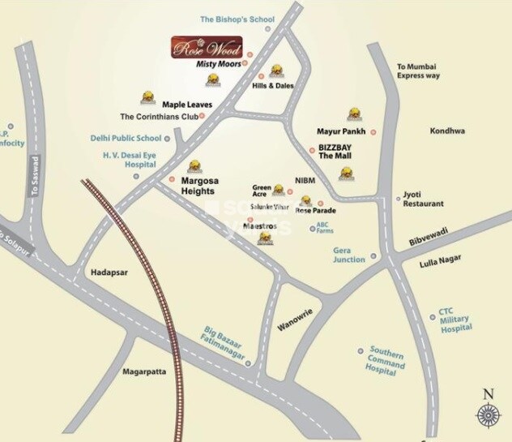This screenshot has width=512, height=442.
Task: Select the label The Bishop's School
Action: click(x=237, y=19)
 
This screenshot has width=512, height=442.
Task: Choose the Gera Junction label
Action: click(x=349, y=255)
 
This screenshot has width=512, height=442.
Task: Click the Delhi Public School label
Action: click(x=126, y=138)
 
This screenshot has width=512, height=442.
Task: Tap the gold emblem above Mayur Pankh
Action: click(x=354, y=114)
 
